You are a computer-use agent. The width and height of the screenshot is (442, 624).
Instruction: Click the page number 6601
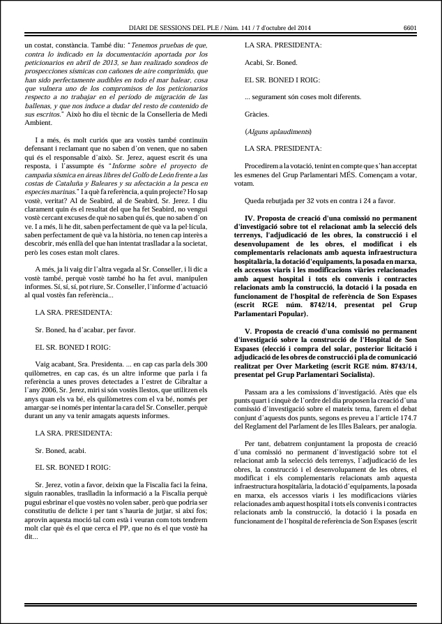410,28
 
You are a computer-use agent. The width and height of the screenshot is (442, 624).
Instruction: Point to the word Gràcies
257,113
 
